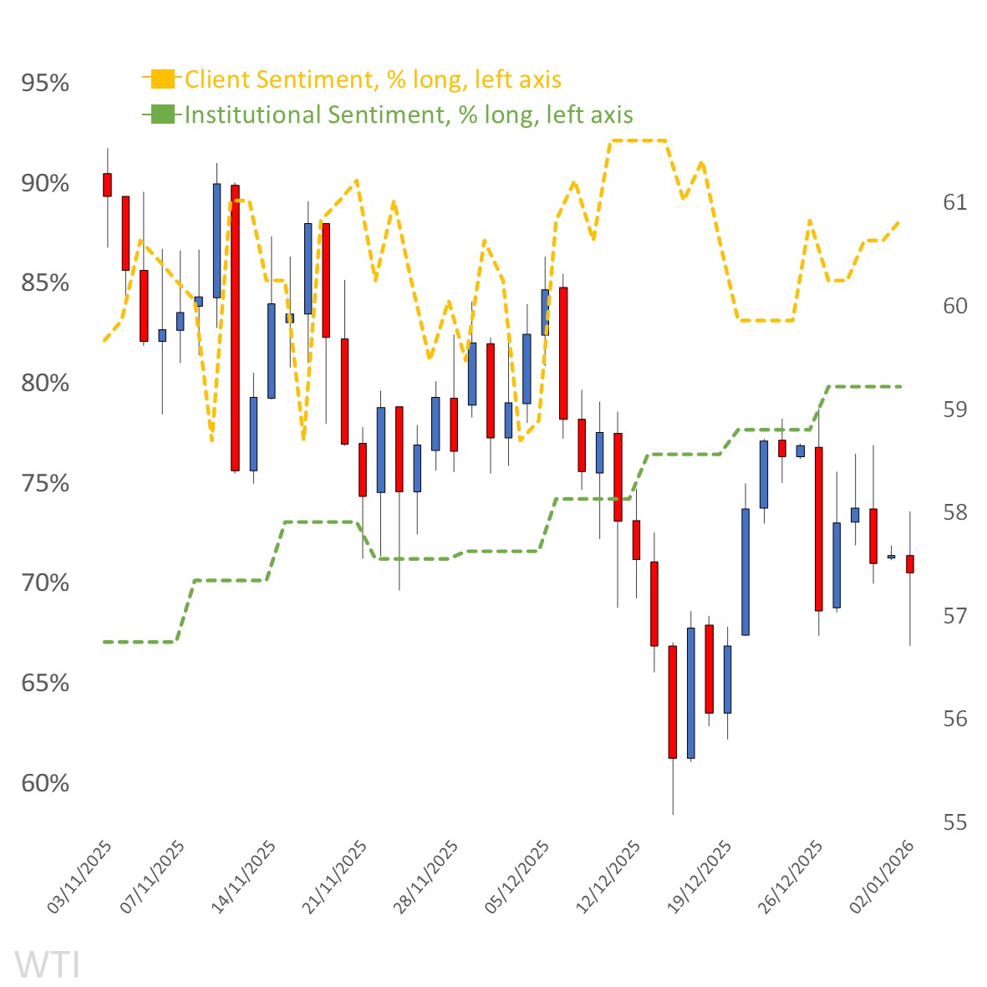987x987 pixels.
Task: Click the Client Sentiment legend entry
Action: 372,79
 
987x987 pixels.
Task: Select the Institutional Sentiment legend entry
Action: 408,114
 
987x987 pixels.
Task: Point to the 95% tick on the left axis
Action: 45,84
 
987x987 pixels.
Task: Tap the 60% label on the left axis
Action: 45,784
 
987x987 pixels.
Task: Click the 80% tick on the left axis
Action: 45,384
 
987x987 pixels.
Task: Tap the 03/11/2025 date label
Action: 79,878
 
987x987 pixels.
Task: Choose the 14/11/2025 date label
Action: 243,878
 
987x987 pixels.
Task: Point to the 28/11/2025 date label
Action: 425,878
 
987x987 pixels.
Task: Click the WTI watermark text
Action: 48,964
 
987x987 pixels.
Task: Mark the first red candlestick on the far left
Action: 107,185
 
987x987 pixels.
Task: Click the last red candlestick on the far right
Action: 909,564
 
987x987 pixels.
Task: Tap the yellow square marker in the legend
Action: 163,79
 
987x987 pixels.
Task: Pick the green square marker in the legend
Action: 163,114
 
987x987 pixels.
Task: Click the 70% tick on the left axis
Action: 45,583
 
